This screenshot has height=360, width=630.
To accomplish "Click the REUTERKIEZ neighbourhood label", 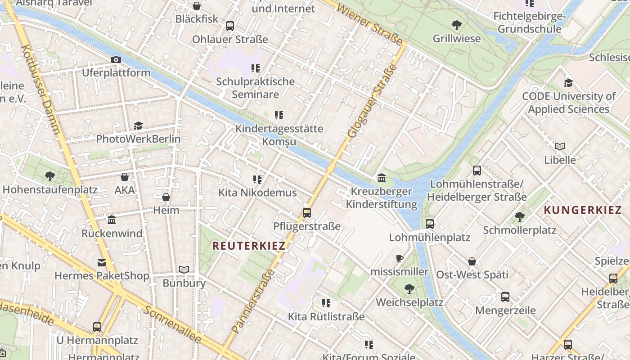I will [249, 246].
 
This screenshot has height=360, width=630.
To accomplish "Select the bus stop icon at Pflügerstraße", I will [307, 213].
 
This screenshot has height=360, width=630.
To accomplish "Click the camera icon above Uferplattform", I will [116, 59].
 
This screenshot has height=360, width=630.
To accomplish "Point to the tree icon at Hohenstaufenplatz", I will [49, 176].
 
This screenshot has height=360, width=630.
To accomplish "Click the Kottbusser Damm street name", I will [40, 90].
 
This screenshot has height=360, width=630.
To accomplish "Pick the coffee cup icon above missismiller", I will [399, 258].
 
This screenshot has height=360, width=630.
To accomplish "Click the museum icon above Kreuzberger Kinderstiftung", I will [382, 178].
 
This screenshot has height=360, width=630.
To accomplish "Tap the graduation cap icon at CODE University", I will [568, 83].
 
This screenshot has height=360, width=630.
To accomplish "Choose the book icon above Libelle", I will [560, 147].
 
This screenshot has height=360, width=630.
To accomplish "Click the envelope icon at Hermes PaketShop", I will [102, 263].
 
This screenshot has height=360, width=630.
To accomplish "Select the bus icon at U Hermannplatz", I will [97, 327].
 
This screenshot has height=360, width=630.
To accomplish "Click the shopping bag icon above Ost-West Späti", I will [472, 261].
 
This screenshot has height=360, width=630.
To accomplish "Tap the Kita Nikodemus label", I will [257, 193].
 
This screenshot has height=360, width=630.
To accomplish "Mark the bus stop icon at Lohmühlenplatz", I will [430, 224].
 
